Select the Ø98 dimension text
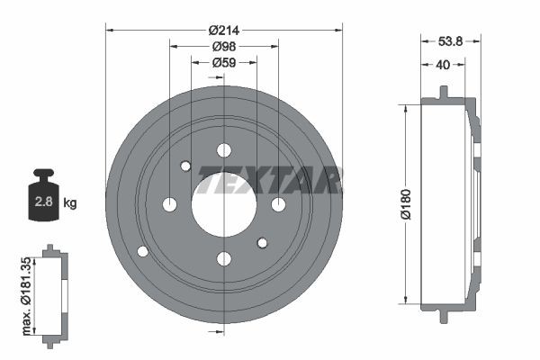(x=224, y=46)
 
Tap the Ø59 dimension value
(x=224, y=63)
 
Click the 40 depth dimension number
(x=443, y=65)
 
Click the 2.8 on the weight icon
(x=42, y=202)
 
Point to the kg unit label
(x=70, y=202)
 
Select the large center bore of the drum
(x=224, y=204)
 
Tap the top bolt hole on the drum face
(x=224, y=150)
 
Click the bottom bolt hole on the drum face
(x=224, y=259)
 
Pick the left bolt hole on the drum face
(x=169, y=204)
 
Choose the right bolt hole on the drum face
(x=278, y=204)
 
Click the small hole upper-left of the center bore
(x=185, y=166)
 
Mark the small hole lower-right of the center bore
(x=263, y=243)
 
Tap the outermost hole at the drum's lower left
(x=142, y=251)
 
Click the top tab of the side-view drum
(x=445, y=93)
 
